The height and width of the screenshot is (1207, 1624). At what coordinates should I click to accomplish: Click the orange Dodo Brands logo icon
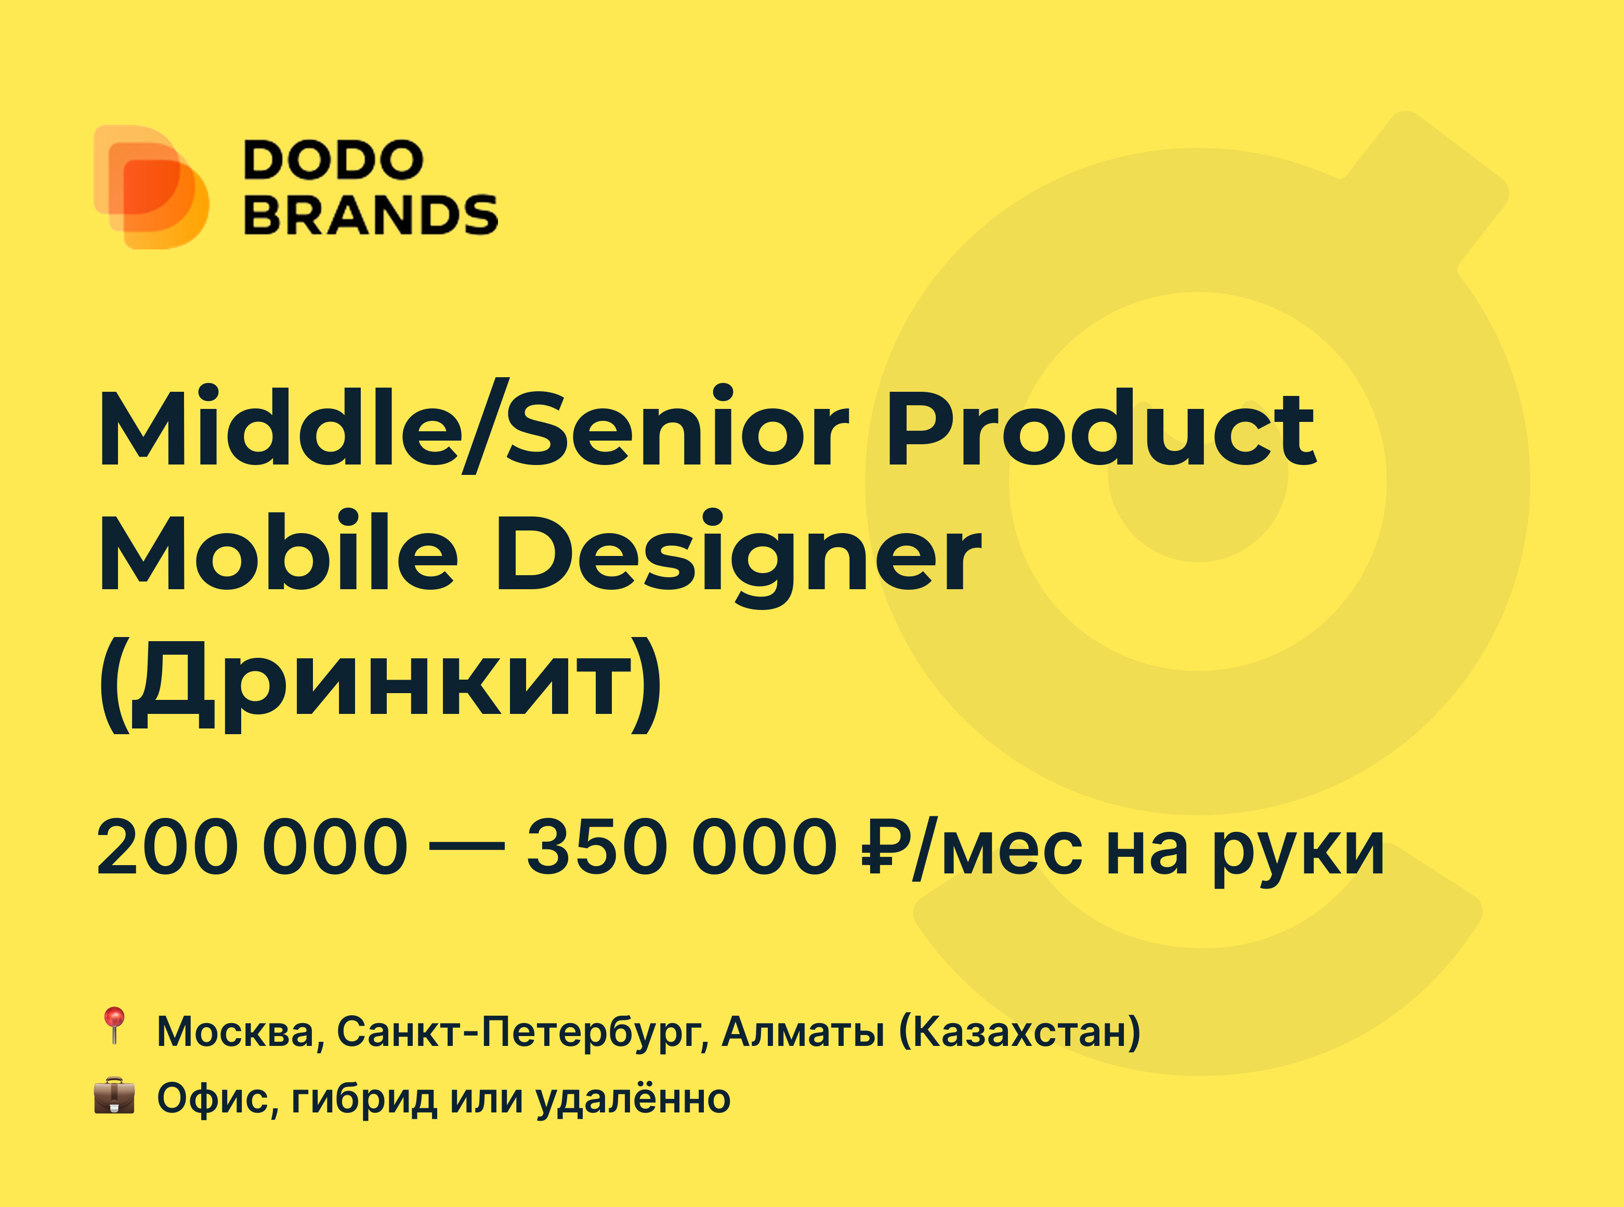click(151, 187)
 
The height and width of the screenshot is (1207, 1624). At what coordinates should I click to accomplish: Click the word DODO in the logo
click(333, 160)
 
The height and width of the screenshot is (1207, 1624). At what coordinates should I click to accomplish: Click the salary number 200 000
click(252, 847)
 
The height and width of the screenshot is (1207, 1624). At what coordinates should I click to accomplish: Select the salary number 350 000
click(682, 847)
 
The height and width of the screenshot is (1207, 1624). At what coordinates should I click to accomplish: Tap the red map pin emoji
click(114, 1025)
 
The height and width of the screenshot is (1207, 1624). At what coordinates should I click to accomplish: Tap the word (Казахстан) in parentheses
click(1019, 1032)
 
